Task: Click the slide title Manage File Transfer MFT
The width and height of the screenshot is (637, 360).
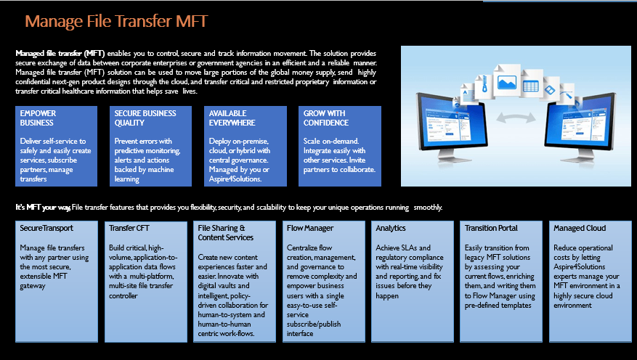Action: [x=117, y=22]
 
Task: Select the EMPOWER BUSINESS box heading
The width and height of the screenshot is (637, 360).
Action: [x=38, y=118]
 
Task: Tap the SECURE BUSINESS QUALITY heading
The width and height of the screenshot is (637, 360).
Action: [x=145, y=118]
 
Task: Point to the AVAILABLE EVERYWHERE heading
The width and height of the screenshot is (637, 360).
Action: [x=233, y=118]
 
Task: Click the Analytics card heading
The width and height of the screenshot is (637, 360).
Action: [x=391, y=229]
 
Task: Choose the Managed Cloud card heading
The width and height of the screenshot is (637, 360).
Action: [x=580, y=229]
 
